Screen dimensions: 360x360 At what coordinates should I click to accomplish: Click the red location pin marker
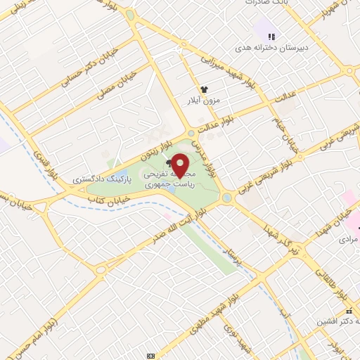click(x=181, y=165)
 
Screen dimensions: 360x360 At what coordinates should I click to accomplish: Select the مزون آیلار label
click(x=204, y=101)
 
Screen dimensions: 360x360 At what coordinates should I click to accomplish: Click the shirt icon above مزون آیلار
click(x=204, y=89)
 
